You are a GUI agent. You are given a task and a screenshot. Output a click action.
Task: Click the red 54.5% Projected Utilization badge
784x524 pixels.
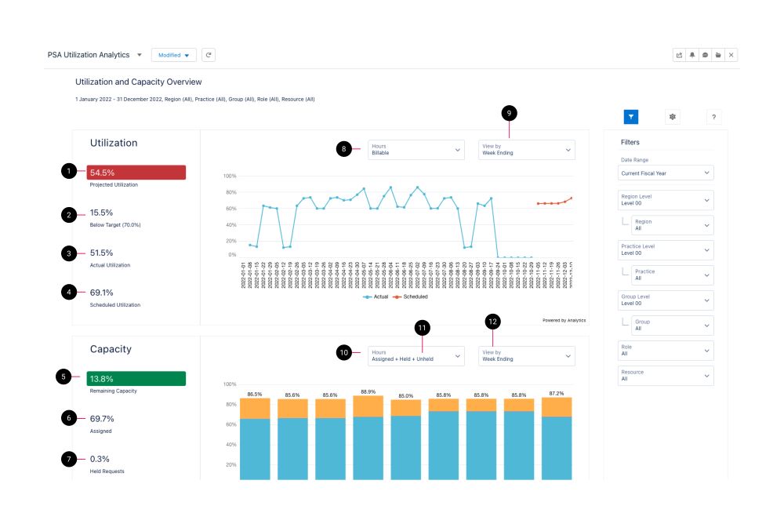tap(136, 173)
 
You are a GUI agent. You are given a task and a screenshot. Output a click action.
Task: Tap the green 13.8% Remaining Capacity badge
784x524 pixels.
tap(136, 378)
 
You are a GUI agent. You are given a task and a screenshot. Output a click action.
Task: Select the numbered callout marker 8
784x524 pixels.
tap(343, 149)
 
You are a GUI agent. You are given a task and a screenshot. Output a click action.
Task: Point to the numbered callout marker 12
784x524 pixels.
tap(492, 321)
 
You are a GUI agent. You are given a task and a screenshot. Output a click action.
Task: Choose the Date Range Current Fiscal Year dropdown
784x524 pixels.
tap(666, 173)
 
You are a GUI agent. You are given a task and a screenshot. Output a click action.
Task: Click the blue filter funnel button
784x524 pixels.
tap(631, 117)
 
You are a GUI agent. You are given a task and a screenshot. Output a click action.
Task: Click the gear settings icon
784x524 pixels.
tap(672, 117)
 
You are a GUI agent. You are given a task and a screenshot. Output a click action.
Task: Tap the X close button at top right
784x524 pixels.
tap(731, 55)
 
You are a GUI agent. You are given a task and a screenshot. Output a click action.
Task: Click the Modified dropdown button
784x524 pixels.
tap(174, 55)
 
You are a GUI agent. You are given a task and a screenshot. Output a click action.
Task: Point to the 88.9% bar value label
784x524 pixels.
tap(368, 391)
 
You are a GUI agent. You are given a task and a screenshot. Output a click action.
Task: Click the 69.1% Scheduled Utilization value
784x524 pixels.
tap(101, 293)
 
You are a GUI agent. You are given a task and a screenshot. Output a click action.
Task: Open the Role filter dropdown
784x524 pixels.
tap(666, 351)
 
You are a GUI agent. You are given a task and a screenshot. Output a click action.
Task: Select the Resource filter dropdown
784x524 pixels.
tap(666, 376)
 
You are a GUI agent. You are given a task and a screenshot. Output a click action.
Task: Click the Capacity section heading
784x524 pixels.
tap(111, 349)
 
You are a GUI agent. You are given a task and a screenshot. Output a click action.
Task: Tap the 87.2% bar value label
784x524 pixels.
tap(556, 392)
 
